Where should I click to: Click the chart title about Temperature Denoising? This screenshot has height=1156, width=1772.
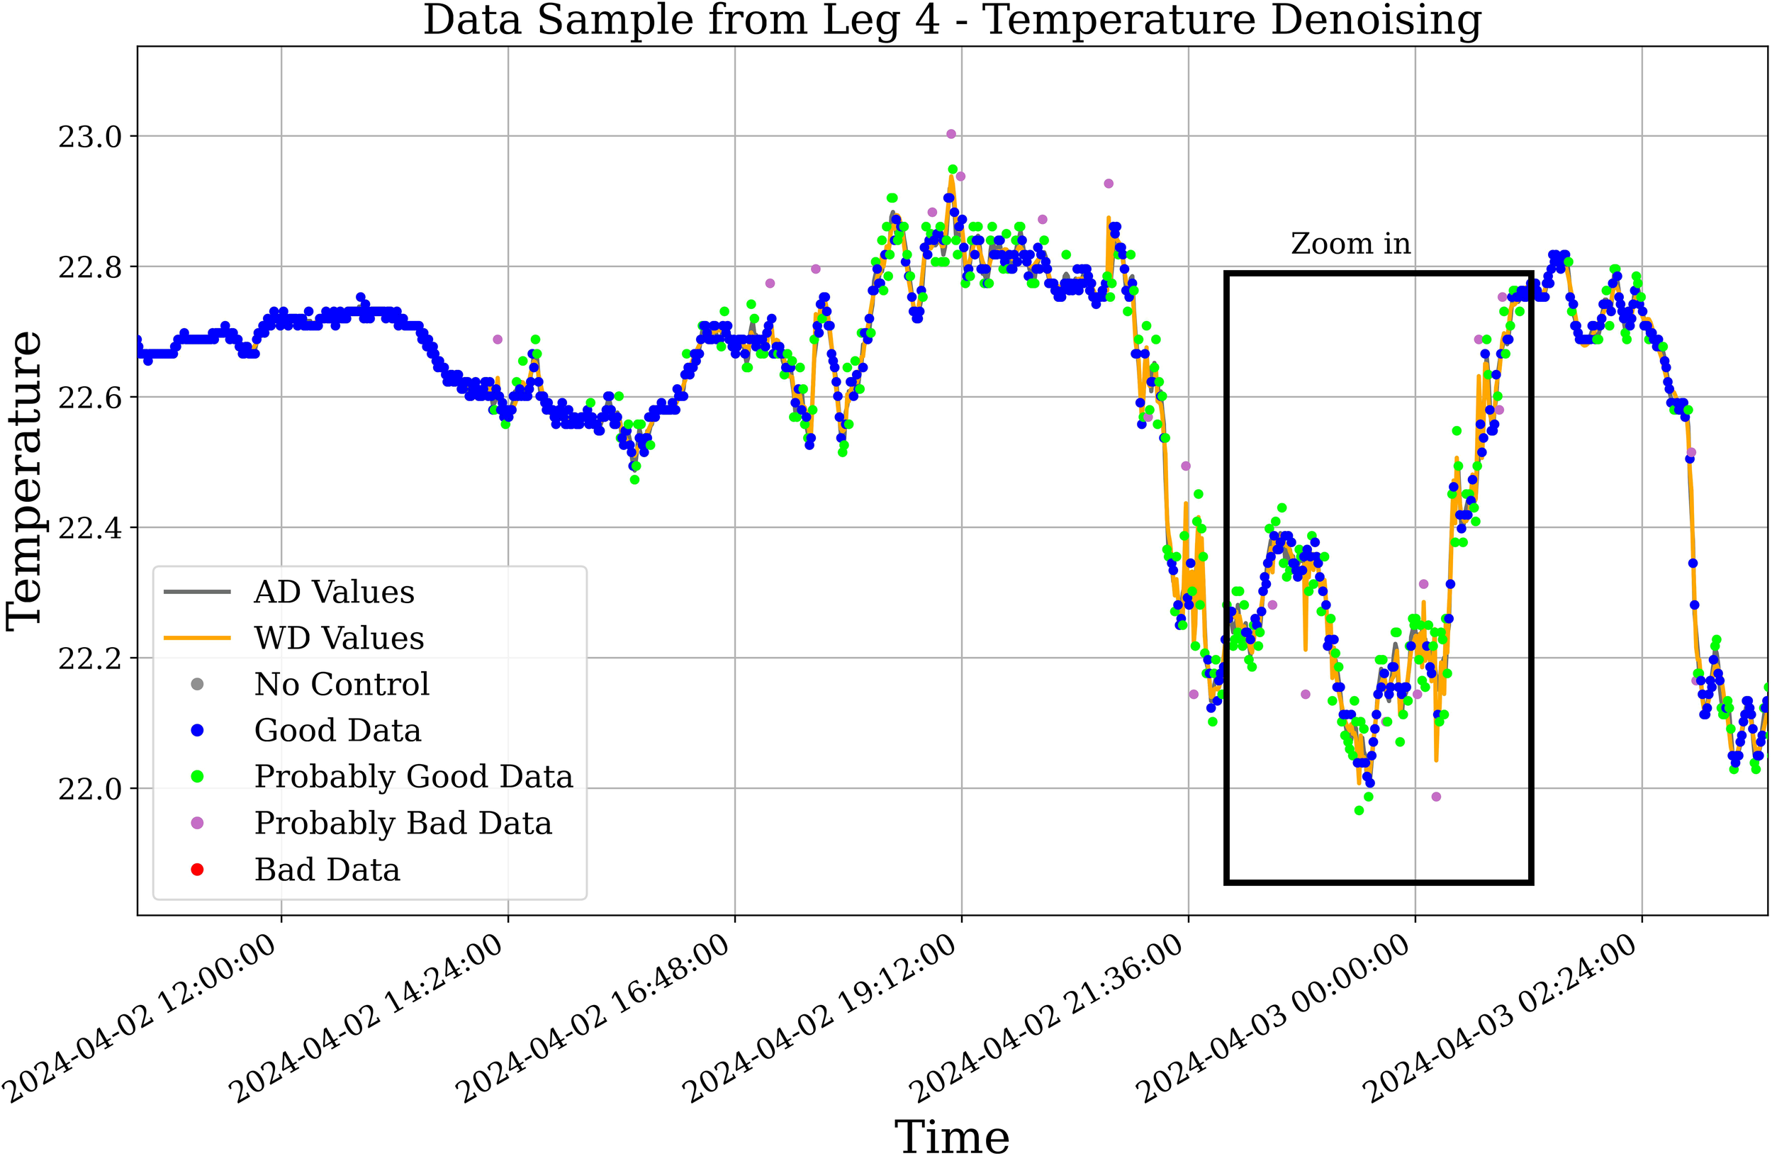(x=951, y=20)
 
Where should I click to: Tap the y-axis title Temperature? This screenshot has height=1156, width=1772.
(x=25, y=481)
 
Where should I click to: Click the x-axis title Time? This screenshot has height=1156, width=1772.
(x=951, y=1136)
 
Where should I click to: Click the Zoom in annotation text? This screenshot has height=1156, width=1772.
(x=1350, y=244)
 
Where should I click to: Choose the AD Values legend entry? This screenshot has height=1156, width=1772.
(x=334, y=593)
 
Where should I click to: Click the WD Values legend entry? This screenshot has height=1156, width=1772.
(x=339, y=639)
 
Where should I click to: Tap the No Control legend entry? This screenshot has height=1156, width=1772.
(x=342, y=685)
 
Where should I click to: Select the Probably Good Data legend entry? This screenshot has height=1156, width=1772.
(x=413, y=776)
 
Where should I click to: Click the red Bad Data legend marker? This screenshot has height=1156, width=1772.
(x=197, y=870)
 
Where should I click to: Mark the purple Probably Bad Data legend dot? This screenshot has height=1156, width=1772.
(x=197, y=822)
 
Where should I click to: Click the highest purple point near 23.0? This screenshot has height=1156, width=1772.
(x=951, y=134)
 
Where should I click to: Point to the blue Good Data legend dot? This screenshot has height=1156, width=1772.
(x=197, y=731)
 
